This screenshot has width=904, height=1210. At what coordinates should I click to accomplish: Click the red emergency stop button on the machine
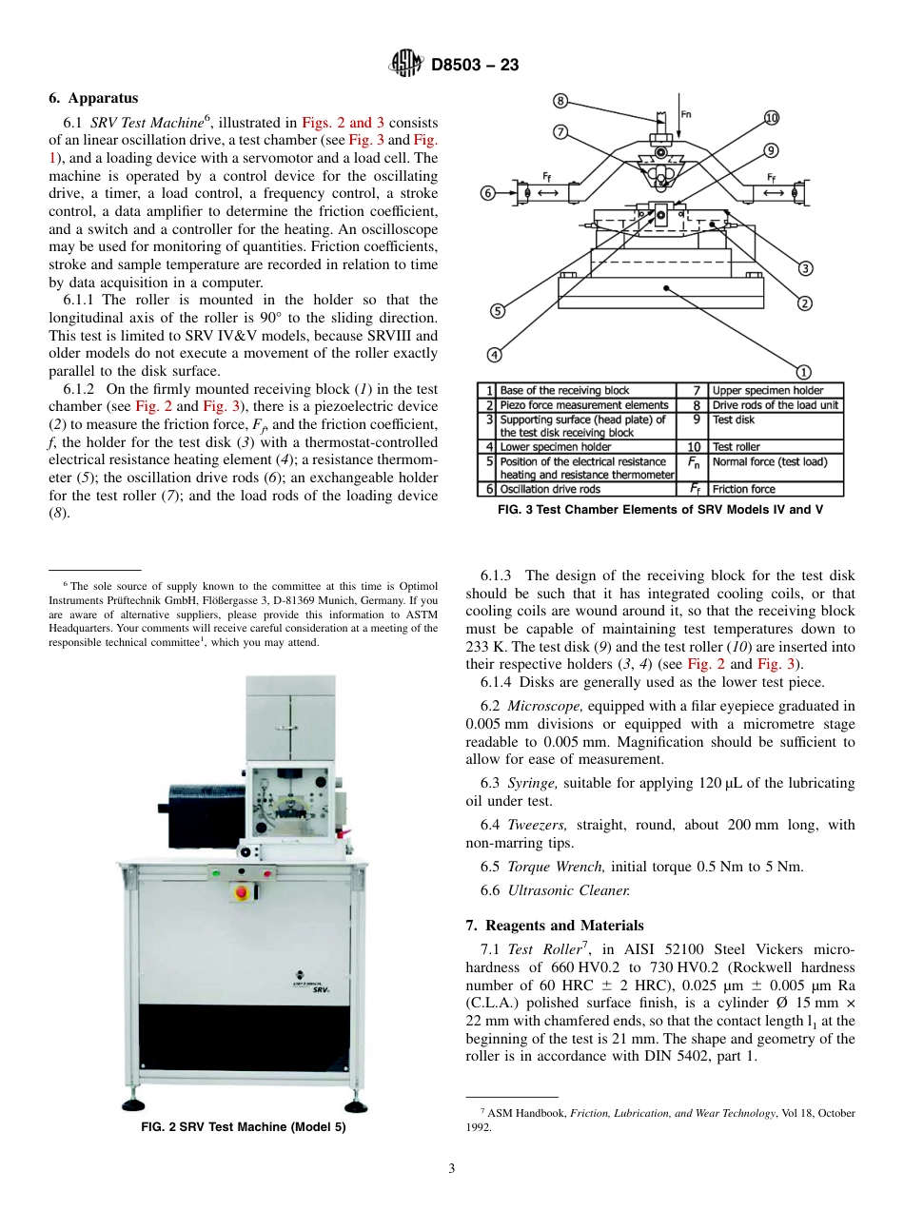[242, 893]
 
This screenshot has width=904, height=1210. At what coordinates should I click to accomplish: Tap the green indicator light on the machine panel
[216, 871]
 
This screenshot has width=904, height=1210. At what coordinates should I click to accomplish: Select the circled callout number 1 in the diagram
[803, 372]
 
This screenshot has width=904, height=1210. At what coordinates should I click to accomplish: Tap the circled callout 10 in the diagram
[771, 118]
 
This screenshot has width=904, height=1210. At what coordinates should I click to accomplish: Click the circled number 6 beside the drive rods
[488, 193]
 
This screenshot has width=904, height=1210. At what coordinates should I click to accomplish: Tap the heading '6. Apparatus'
[93, 98]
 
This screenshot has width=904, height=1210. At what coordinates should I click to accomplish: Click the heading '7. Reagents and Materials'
[555, 926]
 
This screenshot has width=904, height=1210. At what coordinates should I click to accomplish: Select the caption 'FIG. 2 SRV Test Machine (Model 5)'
[244, 1127]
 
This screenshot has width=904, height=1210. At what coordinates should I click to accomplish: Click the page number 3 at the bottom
[452, 1169]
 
